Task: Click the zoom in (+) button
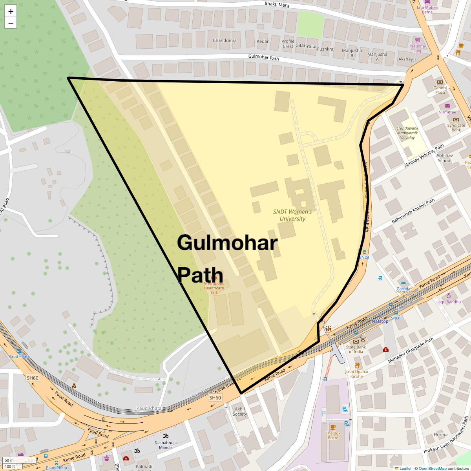point(11,11)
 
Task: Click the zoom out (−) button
point(11,23)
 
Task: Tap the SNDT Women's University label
point(292,215)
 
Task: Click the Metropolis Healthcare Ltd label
point(214,288)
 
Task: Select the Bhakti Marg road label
point(277,4)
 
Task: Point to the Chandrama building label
point(225,40)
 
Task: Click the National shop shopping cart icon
point(418,40)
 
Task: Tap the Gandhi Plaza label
point(440,90)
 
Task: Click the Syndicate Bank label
point(456,128)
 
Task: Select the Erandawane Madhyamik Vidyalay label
point(407,133)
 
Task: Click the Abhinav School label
point(444,158)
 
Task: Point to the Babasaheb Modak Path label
point(413,211)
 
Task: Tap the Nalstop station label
point(380,321)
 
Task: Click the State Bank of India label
point(356,349)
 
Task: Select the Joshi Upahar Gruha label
point(357,374)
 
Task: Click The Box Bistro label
point(333,435)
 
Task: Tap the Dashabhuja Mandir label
point(166,445)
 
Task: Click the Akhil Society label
point(240,411)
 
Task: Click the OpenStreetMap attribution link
point(432,468)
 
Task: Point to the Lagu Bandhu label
point(449,302)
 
